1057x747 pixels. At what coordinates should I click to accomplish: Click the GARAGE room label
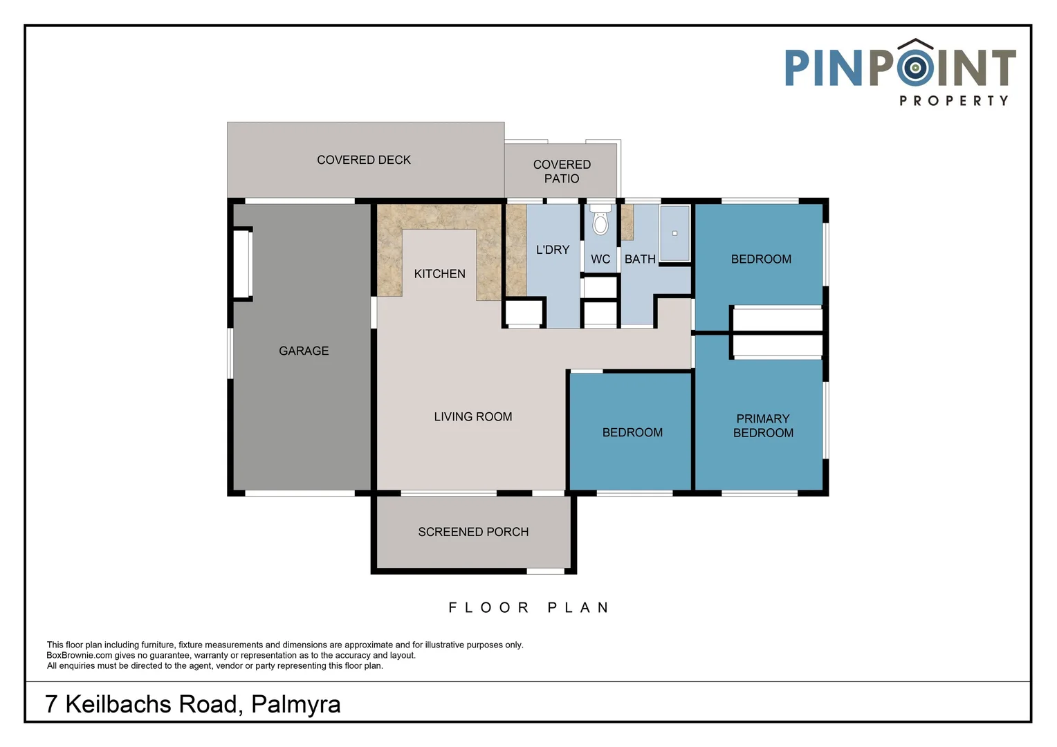pos(304,351)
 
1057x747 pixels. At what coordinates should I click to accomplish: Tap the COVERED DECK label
pos(364,160)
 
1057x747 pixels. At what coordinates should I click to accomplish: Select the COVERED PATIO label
pos(562,172)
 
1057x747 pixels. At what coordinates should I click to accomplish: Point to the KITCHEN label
pos(439,274)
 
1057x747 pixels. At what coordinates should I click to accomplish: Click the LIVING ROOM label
pos(473,416)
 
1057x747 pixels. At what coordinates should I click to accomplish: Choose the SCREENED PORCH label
pos(473,532)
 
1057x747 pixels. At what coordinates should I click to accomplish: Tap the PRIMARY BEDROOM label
pos(763,426)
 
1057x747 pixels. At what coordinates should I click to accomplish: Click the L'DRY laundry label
pos(553,250)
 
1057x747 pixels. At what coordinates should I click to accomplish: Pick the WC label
pos(600,259)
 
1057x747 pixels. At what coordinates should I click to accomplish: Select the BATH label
pos(640,259)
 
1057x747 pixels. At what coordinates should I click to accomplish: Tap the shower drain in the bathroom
pos(674,233)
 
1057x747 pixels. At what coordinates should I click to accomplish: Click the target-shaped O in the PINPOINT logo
pos(915,68)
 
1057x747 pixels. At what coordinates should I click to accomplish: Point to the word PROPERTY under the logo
pos(954,101)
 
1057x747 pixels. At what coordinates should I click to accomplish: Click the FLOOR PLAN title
pos(529,608)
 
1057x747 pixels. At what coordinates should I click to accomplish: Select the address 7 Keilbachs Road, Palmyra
pos(193,704)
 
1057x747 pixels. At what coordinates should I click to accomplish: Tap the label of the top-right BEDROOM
pos(761,259)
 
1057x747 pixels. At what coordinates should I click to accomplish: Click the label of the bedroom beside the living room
pos(632,432)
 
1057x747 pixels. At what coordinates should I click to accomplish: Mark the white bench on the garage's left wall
pos(241,264)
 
